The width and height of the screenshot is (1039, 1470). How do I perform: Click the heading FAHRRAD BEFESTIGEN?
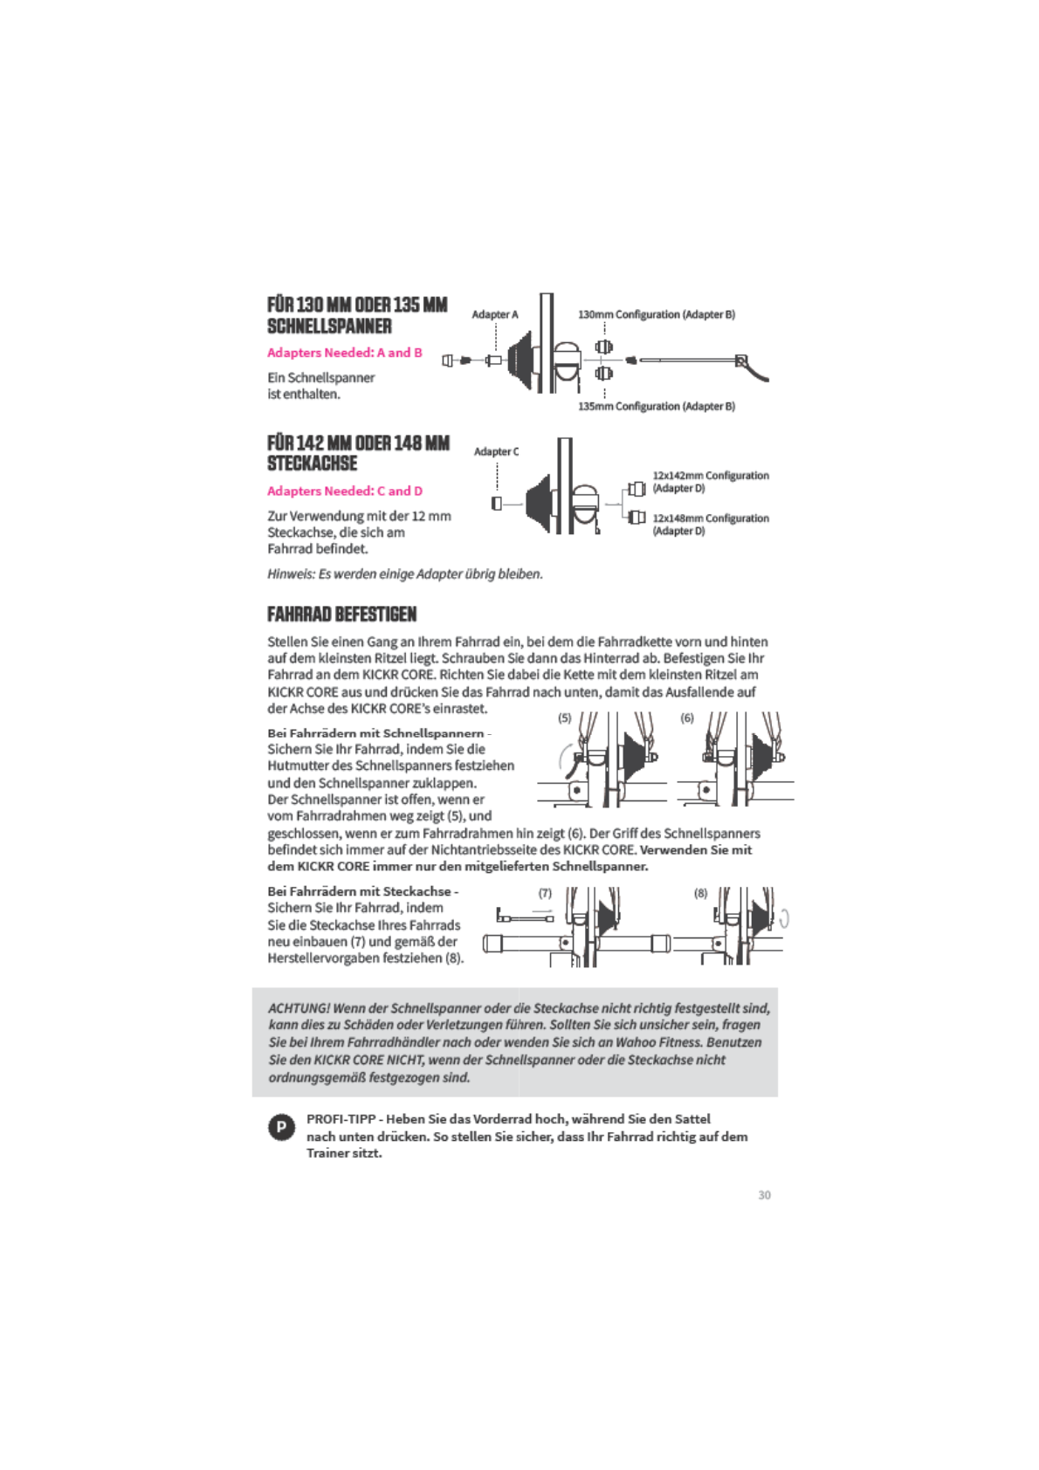click(341, 614)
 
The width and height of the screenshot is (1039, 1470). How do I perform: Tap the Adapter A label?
click(494, 314)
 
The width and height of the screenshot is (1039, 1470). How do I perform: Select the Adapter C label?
click(496, 451)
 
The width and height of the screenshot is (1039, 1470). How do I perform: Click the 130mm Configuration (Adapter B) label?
click(656, 314)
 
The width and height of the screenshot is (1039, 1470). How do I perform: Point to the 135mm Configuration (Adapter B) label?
click(656, 406)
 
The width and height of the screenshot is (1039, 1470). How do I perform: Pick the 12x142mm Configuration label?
click(710, 476)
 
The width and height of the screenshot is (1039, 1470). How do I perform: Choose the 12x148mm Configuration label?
click(710, 519)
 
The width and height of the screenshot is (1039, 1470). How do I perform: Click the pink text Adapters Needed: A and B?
click(344, 353)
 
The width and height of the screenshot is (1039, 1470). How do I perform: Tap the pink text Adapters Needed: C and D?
click(344, 491)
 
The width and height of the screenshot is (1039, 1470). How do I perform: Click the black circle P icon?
click(280, 1127)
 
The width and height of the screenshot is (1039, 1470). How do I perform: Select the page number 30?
click(764, 1195)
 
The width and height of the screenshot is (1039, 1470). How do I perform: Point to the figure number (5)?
click(565, 718)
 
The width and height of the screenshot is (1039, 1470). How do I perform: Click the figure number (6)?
click(687, 718)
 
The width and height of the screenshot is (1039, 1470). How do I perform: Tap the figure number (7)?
click(545, 893)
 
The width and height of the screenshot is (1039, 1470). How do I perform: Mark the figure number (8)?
click(700, 893)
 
